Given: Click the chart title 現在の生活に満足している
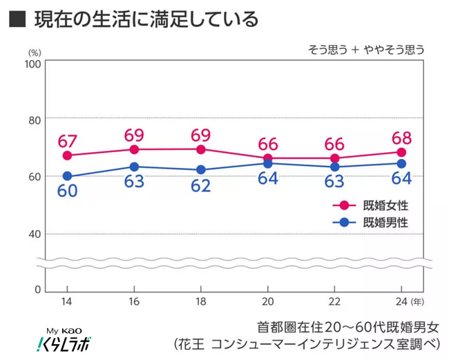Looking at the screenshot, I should point(142,19).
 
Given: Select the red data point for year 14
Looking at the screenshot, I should point(67,155).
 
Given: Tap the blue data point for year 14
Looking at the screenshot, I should point(67,176).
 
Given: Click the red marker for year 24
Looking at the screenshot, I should point(401,152).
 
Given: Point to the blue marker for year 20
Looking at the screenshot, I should point(267,164).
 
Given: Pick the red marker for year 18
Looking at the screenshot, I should point(201,149).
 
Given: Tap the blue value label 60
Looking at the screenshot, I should point(67,191).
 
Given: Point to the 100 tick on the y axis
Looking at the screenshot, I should point(32,64).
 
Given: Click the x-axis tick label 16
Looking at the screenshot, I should point(134,302).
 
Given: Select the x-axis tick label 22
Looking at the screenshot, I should point(334,302).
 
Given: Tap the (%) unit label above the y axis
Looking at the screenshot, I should point(35,51).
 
